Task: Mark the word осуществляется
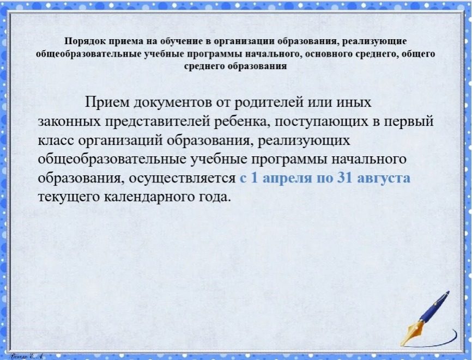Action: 182,178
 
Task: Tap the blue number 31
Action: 344,178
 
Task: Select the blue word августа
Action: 383,178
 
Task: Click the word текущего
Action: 69,197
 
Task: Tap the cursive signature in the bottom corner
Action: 27,356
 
